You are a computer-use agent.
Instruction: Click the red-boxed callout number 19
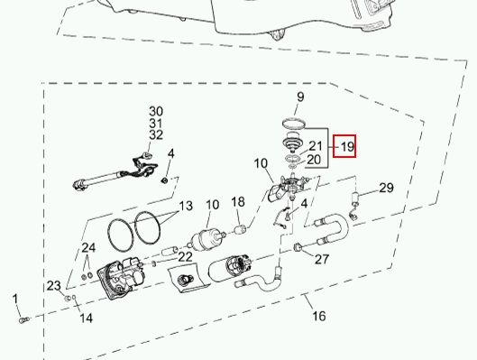[x=347, y=147]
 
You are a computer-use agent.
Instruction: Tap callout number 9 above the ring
[x=300, y=97]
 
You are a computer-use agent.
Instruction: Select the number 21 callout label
[x=316, y=146]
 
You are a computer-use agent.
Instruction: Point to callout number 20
[x=314, y=160]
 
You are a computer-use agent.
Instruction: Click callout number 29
[x=386, y=188]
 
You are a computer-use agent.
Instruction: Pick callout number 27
[x=322, y=260]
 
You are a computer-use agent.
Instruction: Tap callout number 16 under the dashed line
[x=319, y=316]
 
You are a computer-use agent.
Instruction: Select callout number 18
[x=238, y=202]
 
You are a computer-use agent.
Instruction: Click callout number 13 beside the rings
[x=186, y=206]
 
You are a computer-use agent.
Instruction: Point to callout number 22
[x=185, y=257]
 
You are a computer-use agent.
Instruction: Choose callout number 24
[x=88, y=248]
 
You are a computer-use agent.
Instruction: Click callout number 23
[x=53, y=286]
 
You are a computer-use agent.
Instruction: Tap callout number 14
[x=86, y=318]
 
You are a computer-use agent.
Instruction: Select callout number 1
[x=15, y=300]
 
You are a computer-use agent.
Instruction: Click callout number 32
[x=156, y=134]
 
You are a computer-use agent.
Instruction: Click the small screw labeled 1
[x=23, y=320]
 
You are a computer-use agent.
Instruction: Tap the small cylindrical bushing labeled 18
[x=240, y=228]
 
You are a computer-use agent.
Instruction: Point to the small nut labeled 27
[x=298, y=248]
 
